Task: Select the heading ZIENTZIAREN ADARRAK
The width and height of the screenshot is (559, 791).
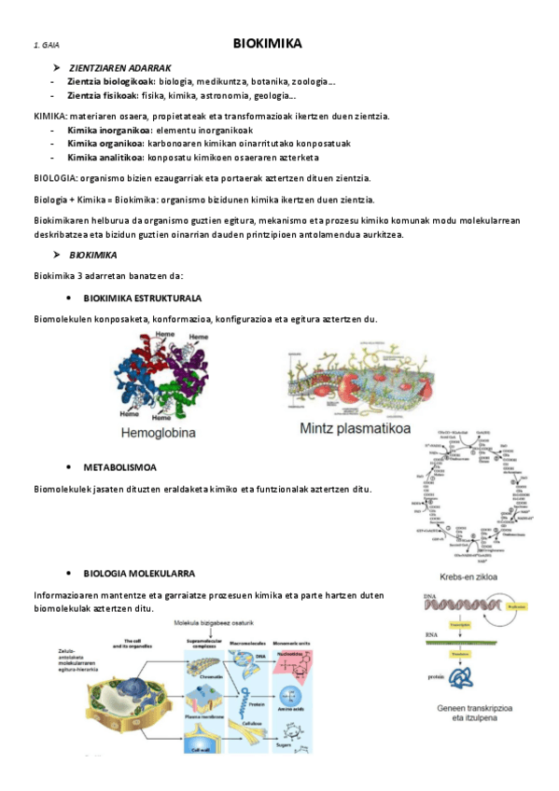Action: pos(119,68)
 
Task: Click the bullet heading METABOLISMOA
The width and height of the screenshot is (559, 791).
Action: pos(119,465)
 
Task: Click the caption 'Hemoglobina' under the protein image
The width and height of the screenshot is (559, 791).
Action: pos(158,433)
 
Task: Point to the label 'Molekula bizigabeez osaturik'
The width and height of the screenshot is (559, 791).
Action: pos(225,618)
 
